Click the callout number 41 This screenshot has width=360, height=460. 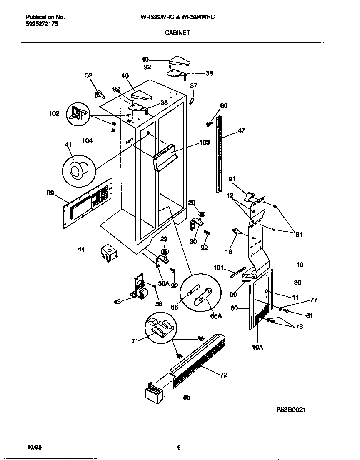(x=68, y=144)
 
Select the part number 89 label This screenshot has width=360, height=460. (x=50, y=192)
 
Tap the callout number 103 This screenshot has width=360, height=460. (x=204, y=142)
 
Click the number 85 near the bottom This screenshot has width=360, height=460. (x=187, y=397)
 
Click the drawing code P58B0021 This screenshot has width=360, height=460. (x=291, y=410)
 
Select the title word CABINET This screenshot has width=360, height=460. (x=177, y=32)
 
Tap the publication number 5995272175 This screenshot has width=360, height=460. (x=42, y=24)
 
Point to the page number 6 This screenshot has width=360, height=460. (x=179, y=447)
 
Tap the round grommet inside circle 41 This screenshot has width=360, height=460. (x=77, y=170)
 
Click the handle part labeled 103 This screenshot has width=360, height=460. (x=165, y=157)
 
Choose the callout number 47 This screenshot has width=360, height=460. (x=241, y=131)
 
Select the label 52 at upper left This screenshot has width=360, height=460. (x=89, y=75)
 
